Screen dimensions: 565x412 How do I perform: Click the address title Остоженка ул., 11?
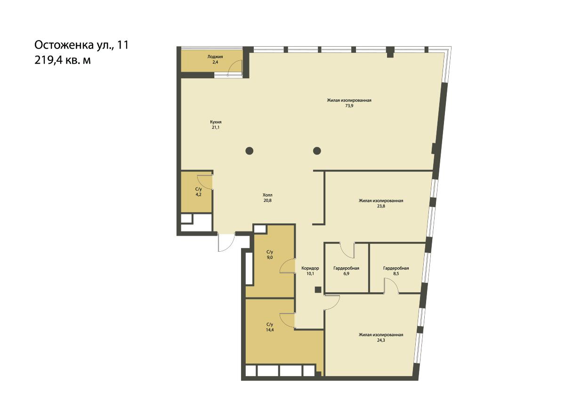[81, 45]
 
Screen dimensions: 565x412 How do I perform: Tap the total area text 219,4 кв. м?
[62, 60]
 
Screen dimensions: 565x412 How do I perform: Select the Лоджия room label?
[215, 57]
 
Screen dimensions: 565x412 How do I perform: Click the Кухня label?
[216, 122]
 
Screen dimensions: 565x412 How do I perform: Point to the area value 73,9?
[349, 106]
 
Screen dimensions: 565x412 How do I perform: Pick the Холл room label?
[267, 195]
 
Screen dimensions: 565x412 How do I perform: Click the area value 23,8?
[381, 206]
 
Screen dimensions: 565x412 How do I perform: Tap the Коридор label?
[310, 268]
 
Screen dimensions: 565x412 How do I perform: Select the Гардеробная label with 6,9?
[346, 268]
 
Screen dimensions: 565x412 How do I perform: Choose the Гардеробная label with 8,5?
[396, 268]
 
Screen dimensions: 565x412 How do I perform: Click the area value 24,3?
[381, 340]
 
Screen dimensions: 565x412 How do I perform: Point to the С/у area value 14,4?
[270, 330]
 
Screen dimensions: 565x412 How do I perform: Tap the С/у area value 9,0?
[270, 257]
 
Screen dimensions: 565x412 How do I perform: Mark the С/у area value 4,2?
[198, 195]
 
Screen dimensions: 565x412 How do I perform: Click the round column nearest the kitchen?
[249, 151]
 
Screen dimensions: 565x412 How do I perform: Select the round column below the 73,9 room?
[317, 151]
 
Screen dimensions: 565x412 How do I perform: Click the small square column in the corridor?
[318, 290]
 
